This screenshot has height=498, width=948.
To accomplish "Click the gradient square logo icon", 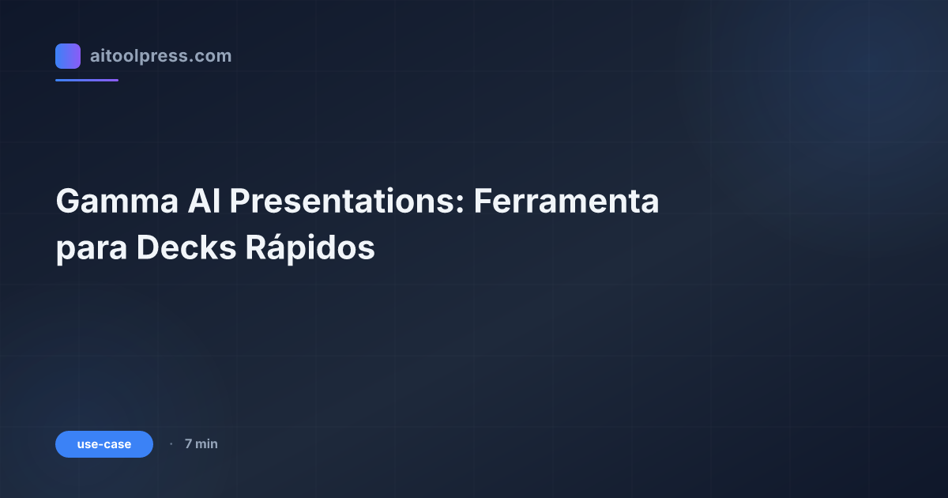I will (x=68, y=56).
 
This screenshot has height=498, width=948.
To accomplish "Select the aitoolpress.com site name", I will (x=160, y=56).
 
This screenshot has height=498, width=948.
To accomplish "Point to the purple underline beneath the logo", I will (x=87, y=80).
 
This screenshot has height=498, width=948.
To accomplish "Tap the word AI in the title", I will (x=204, y=202).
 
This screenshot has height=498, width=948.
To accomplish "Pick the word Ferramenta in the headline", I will (x=566, y=202).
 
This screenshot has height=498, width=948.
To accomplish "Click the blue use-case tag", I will (x=104, y=444).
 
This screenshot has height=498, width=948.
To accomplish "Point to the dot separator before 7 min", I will (x=171, y=444).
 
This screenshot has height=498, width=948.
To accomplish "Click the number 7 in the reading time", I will (x=188, y=444).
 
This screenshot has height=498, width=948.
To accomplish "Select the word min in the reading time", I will (x=206, y=444).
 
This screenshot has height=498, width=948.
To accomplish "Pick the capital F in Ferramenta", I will (x=482, y=202).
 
